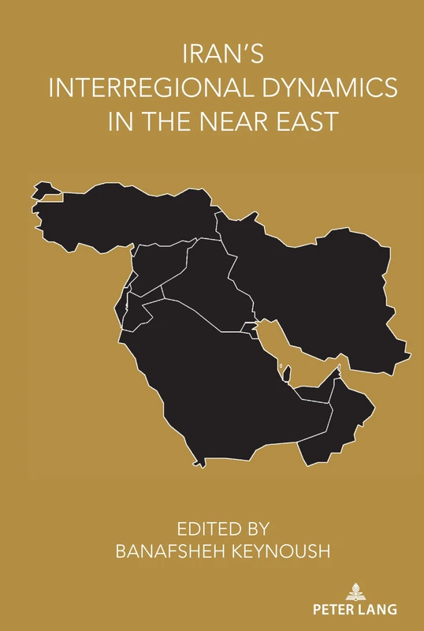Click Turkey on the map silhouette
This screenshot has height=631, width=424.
[126, 213]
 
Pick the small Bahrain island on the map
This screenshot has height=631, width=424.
[281, 366]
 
